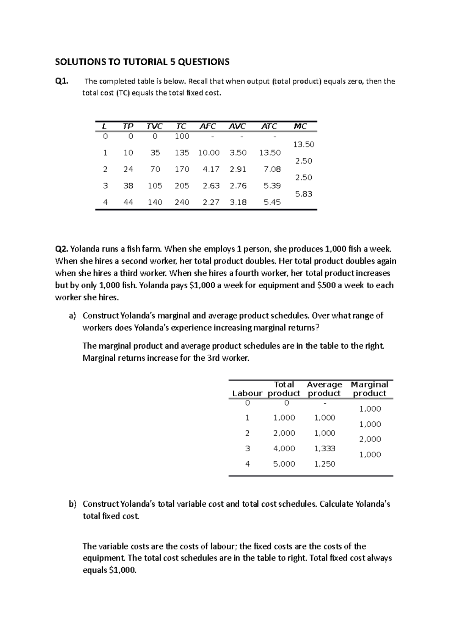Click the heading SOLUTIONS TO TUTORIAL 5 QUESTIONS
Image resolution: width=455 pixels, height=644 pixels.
pos(142,62)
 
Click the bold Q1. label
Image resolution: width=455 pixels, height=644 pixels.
pos(62,81)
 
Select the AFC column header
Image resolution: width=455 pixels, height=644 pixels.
pos(207,126)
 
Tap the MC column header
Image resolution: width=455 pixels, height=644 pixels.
pos(300,126)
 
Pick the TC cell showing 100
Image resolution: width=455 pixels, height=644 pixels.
pos(182,136)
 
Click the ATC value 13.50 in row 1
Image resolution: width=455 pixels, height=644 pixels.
pos(270,153)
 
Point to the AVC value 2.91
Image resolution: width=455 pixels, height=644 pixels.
pos(238,169)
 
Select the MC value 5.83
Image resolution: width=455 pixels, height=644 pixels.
pos(303,194)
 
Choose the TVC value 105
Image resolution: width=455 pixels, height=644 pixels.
pos(155,186)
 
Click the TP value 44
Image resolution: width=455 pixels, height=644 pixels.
pos(128,203)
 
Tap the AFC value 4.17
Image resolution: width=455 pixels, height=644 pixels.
pos(211,169)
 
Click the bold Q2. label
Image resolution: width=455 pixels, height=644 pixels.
pos(62,249)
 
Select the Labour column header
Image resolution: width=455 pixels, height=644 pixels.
pos(247,393)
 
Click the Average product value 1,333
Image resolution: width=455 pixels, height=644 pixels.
pos(325,449)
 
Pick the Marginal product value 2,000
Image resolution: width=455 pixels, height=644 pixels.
pos(370,439)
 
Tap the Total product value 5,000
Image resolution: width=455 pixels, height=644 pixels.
pos(284,464)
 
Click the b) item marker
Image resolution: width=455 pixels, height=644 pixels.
pos(72,504)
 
